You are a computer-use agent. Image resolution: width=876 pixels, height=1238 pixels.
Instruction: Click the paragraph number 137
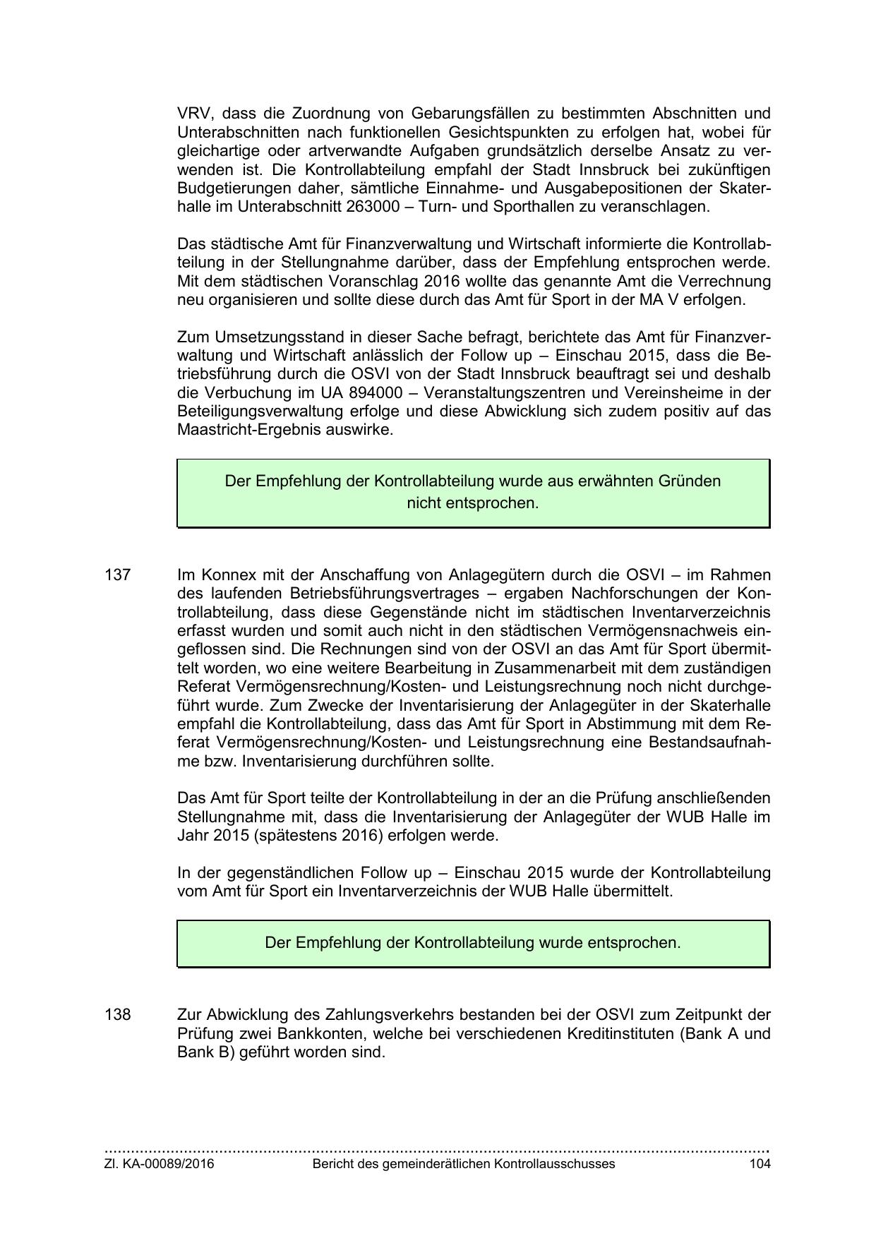(x=117, y=575)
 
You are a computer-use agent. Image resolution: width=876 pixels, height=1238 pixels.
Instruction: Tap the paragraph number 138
(x=117, y=1014)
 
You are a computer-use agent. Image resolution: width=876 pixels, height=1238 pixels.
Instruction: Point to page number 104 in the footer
(x=760, y=1164)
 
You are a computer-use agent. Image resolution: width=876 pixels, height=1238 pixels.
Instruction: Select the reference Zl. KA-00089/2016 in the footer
(x=159, y=1164)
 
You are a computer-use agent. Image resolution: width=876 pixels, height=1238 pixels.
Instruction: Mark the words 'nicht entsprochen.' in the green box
(x=472, y=503)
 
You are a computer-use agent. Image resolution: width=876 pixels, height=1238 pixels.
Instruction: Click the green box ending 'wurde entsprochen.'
(x=473, y=943)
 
